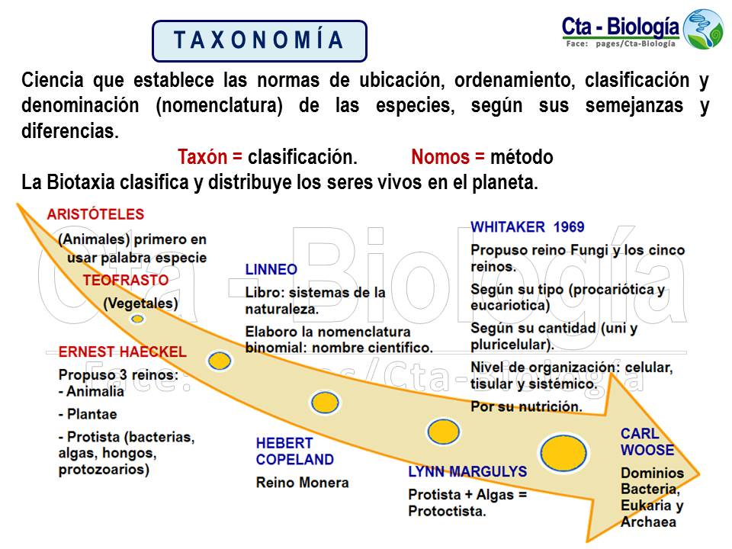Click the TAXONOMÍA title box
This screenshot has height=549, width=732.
pos(259,40)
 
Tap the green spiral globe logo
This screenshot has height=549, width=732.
pos(702,29)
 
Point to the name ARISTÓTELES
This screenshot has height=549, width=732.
pos(95,214)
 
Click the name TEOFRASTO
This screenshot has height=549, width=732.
pos(126,280)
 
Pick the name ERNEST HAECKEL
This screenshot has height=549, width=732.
pos(122,352)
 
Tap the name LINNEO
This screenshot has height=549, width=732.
pos(271,270)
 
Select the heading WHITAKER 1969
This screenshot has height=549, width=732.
pos(528,226)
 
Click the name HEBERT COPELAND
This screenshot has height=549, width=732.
pos(294,451)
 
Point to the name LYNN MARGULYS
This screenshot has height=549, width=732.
pos(467,472)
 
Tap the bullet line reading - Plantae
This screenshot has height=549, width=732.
pos(88,414)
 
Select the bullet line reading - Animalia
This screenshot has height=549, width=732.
pos(91,391)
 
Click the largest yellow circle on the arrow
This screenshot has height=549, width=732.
pos(563,451)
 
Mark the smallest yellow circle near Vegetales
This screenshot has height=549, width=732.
pos(137,319)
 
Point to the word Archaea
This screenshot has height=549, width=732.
pos(648,522)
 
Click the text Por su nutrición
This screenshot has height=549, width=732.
pos(526,406)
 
